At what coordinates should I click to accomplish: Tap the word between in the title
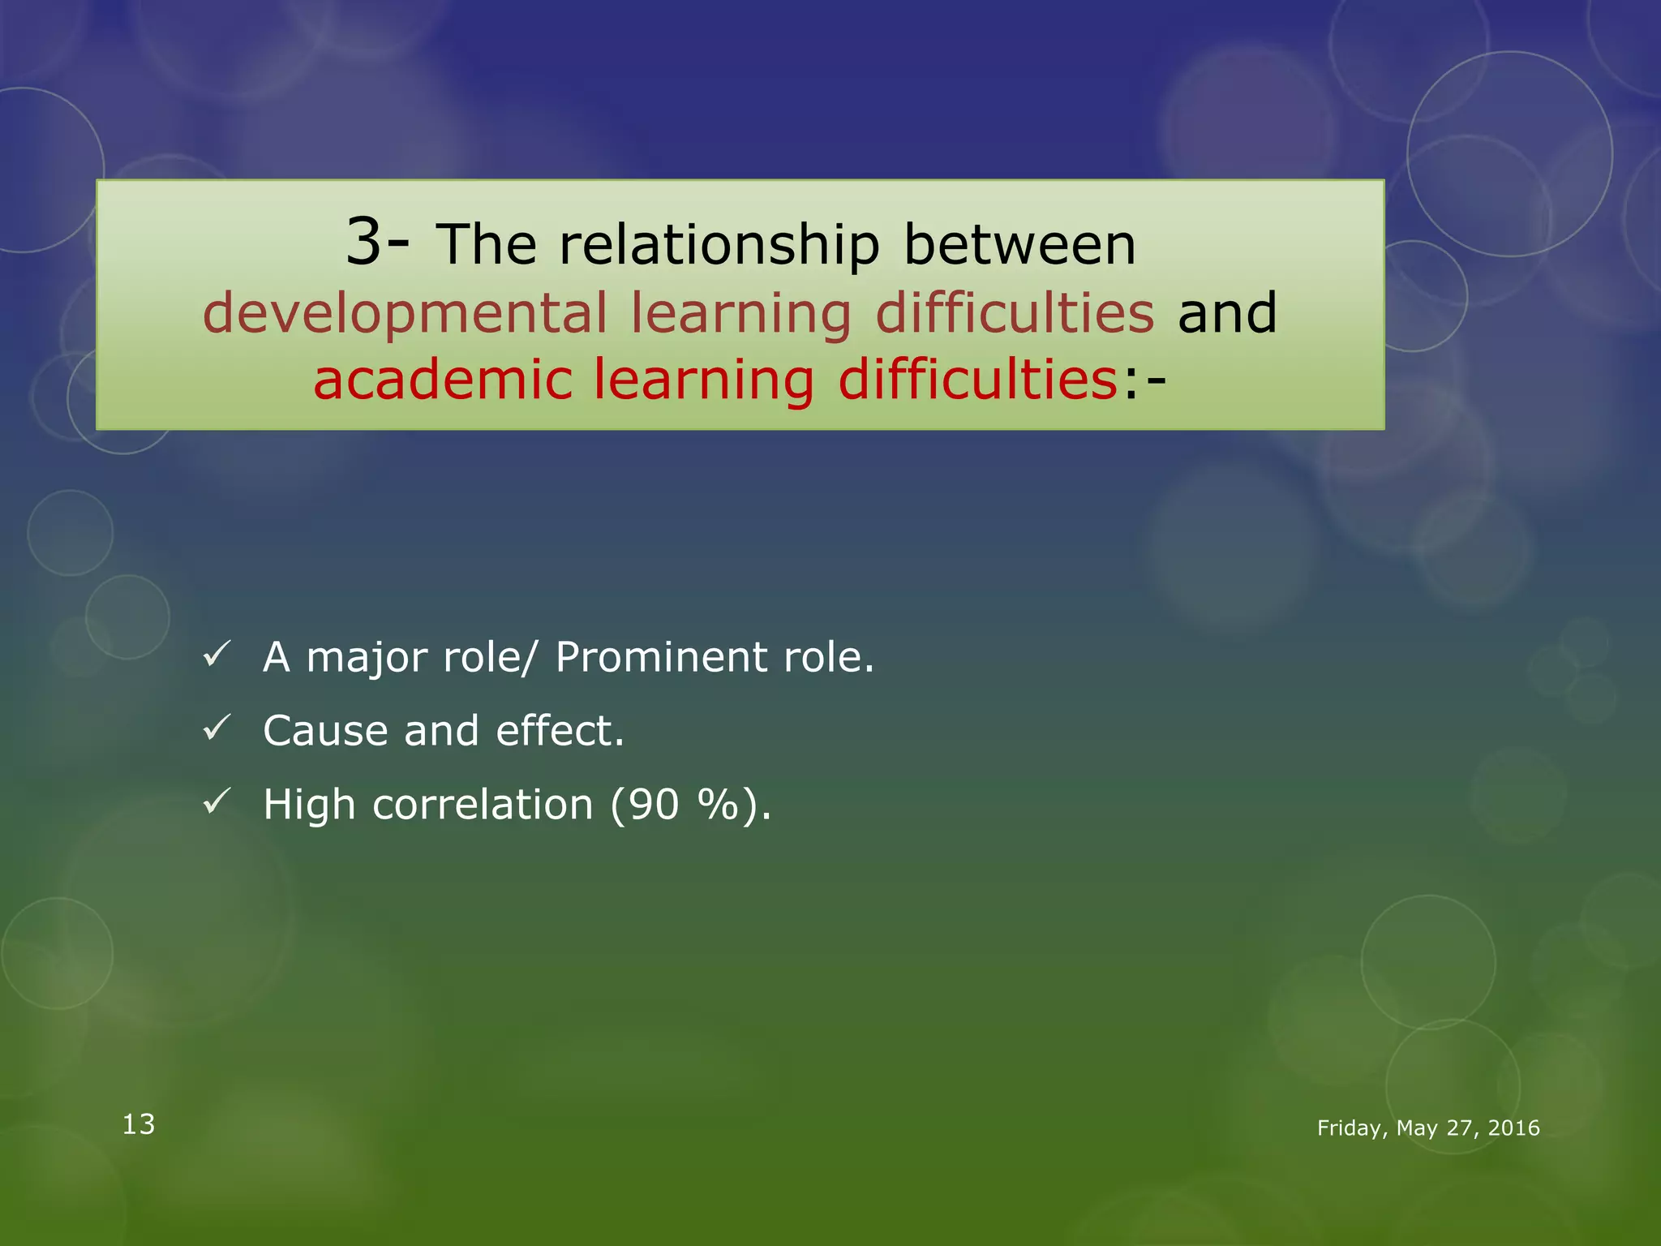tap(1019, 244)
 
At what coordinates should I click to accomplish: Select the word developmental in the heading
tap(405, 314)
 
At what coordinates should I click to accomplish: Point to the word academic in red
tap(442, 380)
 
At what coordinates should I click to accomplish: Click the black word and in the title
tap(1227, 313)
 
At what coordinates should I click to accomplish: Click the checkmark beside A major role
tap(217, 654)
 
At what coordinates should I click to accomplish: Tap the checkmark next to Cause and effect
tap(217, 728)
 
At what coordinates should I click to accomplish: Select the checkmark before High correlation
tap(217, 801)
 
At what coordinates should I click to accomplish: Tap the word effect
tap(560, 730)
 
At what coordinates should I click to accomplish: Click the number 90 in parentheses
tap(653, 805)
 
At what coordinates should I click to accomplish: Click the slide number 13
tap(139, 1124)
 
